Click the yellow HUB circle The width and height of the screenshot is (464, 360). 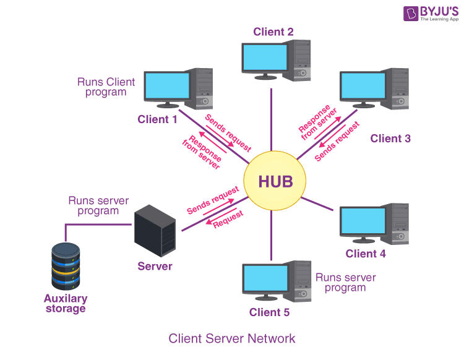click(272, 181)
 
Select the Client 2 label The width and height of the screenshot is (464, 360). click(273, 32)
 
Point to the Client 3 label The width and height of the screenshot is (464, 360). click(390, 139)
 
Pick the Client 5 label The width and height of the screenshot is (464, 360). click(269, 312)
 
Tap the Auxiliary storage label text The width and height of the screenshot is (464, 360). click(65, 303)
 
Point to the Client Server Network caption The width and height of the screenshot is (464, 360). click(232, 338)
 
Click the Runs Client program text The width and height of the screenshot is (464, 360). click(106, 87)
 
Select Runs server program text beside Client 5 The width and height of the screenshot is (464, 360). click(345, 282)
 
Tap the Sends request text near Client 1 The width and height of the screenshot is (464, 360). click(228, 132)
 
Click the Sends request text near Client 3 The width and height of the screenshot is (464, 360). click(337, 142)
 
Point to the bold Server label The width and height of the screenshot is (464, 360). click(155, 266)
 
